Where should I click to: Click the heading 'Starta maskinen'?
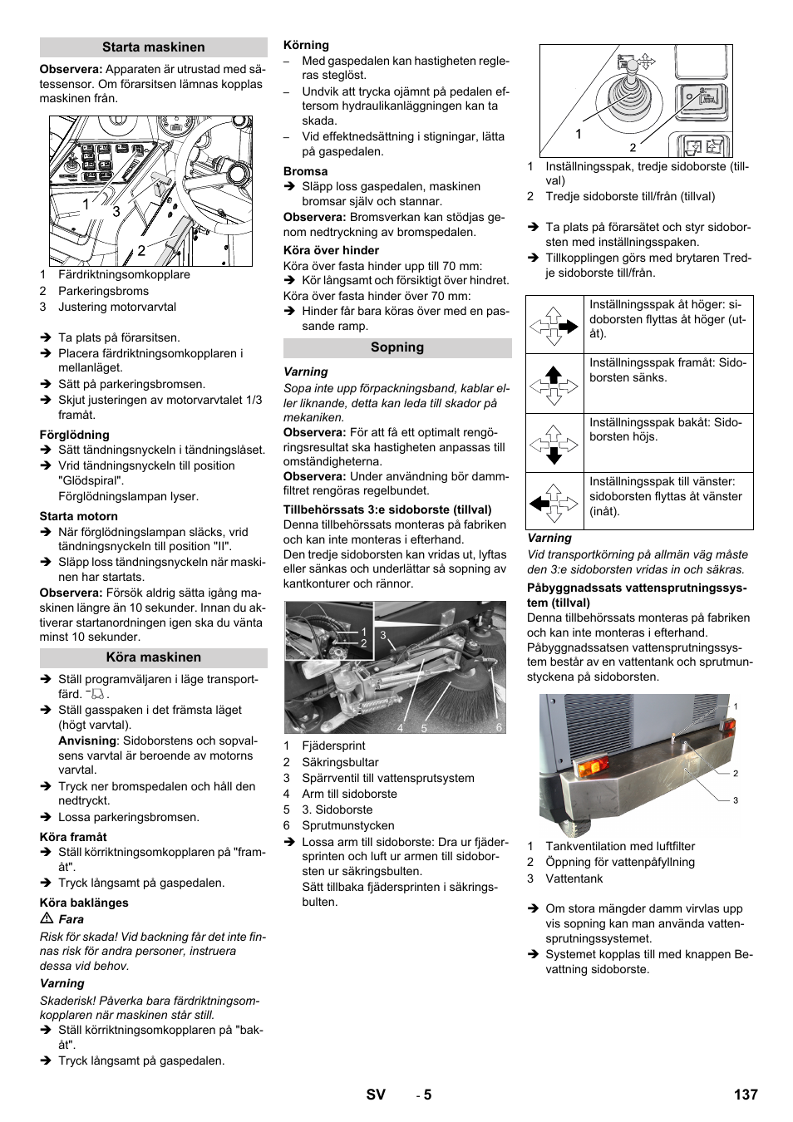pos(153,47)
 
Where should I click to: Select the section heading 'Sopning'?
pos(396,347)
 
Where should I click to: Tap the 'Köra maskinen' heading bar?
pos(153,657)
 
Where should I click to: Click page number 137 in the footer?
pos(745,1095)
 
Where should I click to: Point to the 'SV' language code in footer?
pos(376,1095)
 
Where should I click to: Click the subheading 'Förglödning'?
pos(74,435)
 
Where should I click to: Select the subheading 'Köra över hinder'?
pos(331,250)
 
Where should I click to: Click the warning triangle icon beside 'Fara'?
pos(47,919)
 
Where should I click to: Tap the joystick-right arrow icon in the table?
pos(554,326)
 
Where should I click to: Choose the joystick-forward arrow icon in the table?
pos(554,384)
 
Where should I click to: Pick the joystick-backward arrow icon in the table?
pos(554,443)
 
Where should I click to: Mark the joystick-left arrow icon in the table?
pos(554,502)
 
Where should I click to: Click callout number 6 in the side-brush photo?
pos(499,727)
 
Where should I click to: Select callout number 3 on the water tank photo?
pos(735,800)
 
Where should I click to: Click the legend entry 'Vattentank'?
pos(574,878)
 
